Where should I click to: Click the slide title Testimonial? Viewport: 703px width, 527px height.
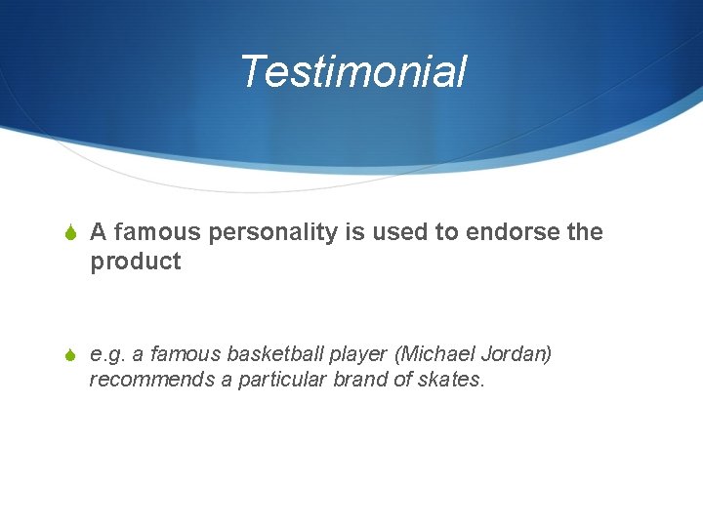click(x=352, y=72)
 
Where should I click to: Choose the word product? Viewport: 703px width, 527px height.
click(x=136, y=262)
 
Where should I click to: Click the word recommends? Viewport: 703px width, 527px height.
click(x=151, y=379)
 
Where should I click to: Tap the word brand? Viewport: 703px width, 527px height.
click(x=359, y=379)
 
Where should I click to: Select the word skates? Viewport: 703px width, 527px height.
click(x=450, y=379)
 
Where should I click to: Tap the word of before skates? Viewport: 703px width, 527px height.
click(x=402, y=379)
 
